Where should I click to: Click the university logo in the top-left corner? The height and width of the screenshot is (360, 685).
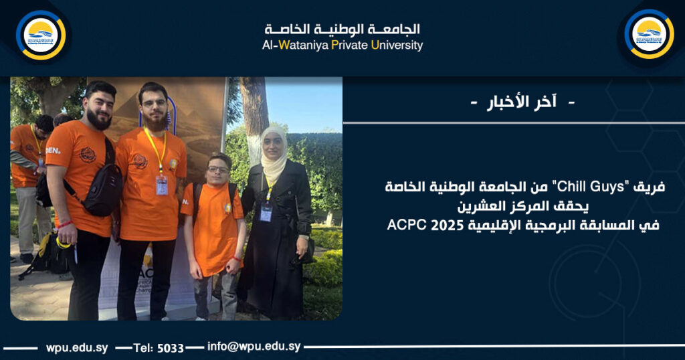(x=40, y=35)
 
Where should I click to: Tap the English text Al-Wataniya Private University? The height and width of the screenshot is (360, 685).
(x=342, y=46)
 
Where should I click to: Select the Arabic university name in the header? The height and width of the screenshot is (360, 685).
(x=342, y=29)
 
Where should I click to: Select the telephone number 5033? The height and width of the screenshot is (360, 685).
(x=171, y=347)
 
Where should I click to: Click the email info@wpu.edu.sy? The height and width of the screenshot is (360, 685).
(x=254, y=347)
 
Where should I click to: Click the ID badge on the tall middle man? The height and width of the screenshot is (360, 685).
(x=161, y=184)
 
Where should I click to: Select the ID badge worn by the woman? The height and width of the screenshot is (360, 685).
(x=266, y=213)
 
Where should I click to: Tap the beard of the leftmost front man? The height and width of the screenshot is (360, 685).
(x=99, y=121)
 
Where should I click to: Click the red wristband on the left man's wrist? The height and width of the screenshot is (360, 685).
(x=64, y=224)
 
